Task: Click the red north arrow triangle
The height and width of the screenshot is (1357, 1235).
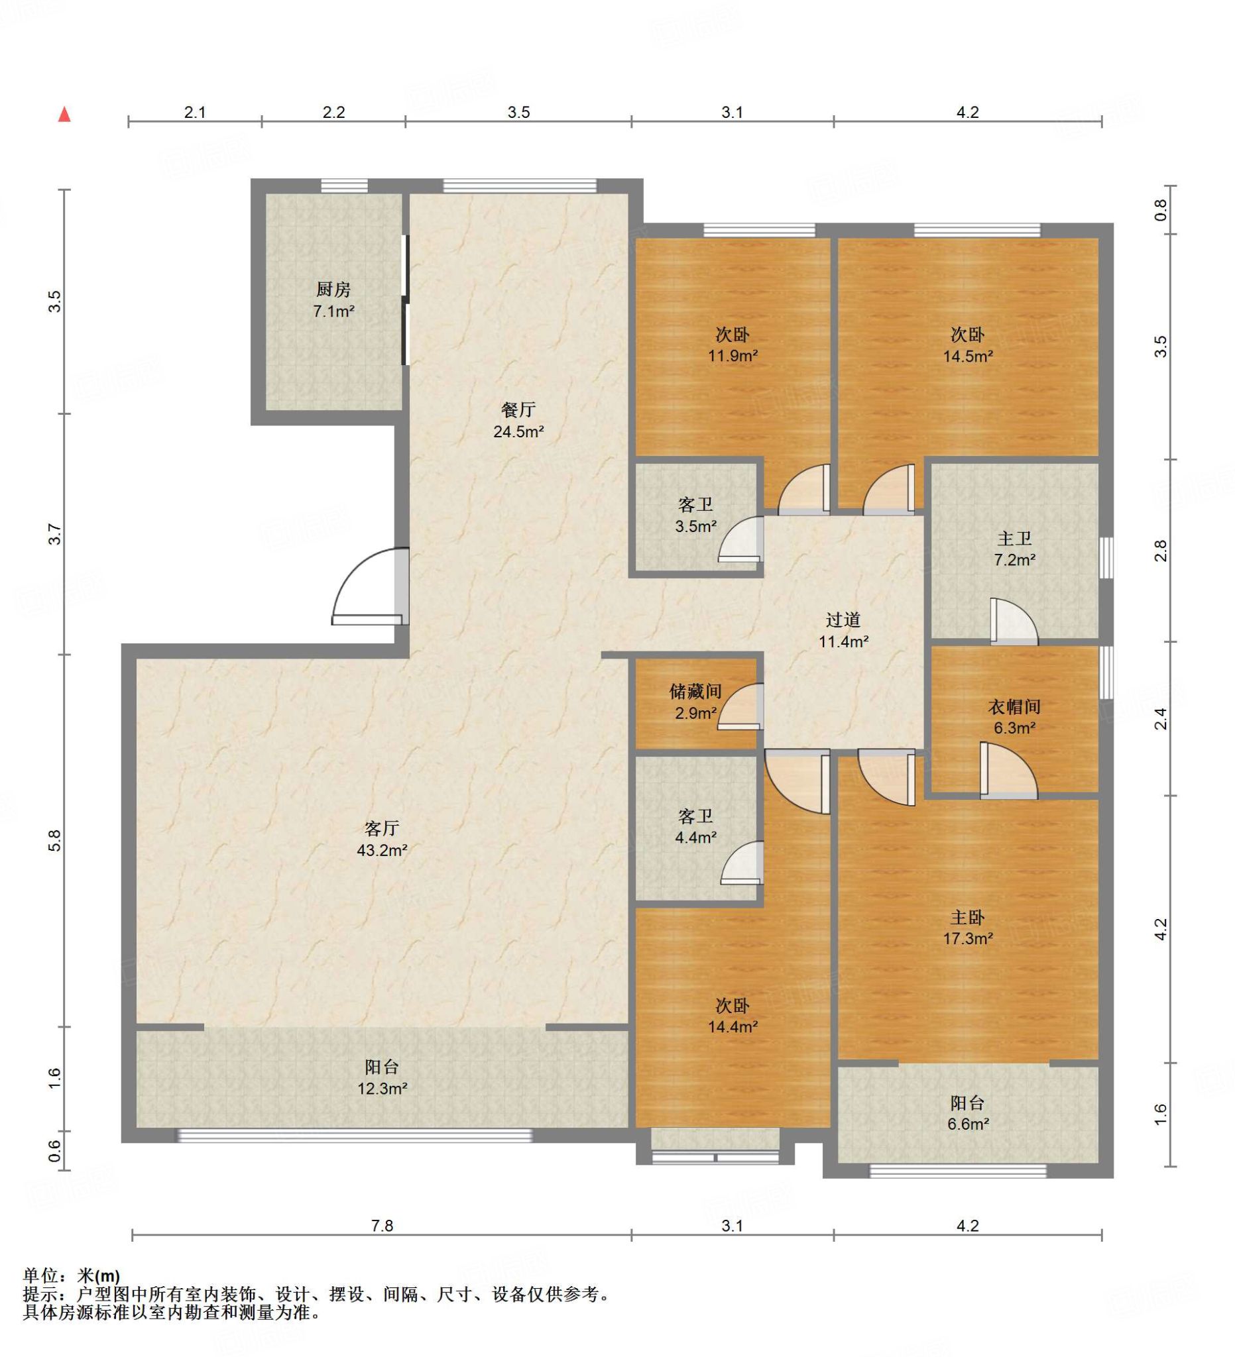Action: point(65,115)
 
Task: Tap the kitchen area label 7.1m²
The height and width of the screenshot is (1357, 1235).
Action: point(333,311)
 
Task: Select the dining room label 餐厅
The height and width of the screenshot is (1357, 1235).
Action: point(518,410)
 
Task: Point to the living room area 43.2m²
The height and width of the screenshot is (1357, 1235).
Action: point(382,850)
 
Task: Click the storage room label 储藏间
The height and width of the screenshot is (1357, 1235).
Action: point(695,691)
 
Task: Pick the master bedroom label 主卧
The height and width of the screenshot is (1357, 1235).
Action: point(968,917)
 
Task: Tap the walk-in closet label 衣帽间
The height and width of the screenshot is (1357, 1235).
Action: point(1014,707)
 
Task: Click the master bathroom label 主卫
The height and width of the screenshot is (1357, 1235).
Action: point(1014,539)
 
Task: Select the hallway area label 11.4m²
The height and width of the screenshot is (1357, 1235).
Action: point(843,641)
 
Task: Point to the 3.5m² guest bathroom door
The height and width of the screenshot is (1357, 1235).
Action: point(740,539)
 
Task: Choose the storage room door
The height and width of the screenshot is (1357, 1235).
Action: point(740,707)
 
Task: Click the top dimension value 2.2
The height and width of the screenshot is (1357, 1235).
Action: point(333,113)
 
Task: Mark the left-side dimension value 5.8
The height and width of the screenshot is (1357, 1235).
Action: point(55,840)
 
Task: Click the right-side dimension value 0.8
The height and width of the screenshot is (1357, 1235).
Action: point(1160,210)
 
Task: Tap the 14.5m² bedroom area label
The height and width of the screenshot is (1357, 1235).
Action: point(968,356)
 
